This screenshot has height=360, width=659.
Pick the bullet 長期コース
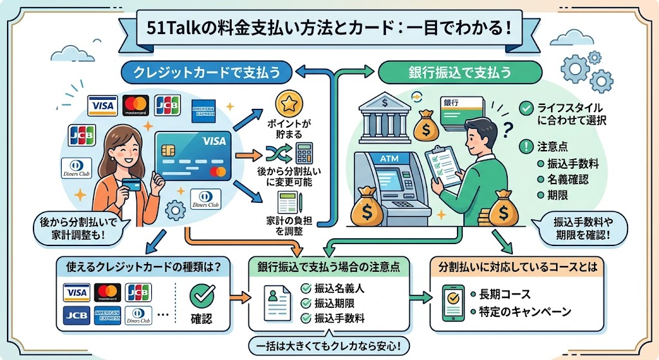click(505, 294)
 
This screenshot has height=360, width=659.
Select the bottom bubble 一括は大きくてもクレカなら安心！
click(328, 346)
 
